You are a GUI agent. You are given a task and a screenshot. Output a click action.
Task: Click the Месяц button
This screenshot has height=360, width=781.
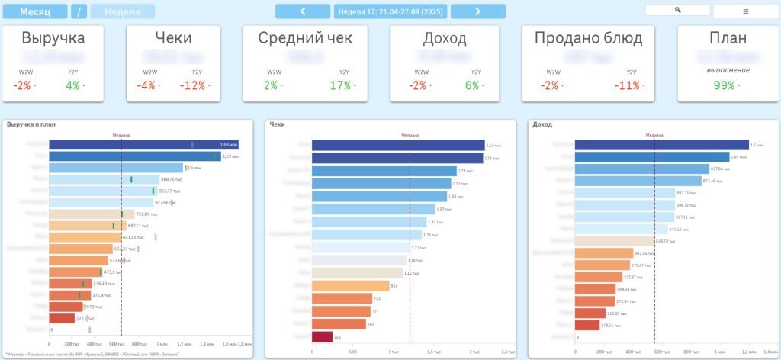click(x=35, y=11)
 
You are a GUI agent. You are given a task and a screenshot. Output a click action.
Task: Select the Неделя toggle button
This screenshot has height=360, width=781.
click(x=122, y=11)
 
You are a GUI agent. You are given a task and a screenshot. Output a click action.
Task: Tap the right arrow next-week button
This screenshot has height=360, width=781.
click(x=477, y=11)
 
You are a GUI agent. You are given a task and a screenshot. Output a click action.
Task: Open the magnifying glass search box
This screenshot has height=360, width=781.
click(x=677, y=10)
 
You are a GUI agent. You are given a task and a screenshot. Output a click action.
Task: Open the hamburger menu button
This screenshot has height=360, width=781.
click(x=745, y=11)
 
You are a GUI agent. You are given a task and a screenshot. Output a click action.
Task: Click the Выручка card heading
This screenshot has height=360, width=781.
click(x=53, y=38)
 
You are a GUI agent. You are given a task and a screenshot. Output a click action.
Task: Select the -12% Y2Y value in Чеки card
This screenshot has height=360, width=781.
click(x=194, y=85)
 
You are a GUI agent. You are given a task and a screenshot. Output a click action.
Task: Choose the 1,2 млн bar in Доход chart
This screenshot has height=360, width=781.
click(x=660, y=144)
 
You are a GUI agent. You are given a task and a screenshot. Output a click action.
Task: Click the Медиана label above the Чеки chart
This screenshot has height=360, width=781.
click(x=410, y=135)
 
